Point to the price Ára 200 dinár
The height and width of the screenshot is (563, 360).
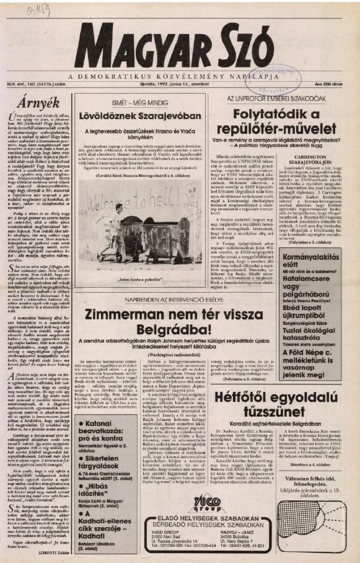[x=336, y=84]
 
